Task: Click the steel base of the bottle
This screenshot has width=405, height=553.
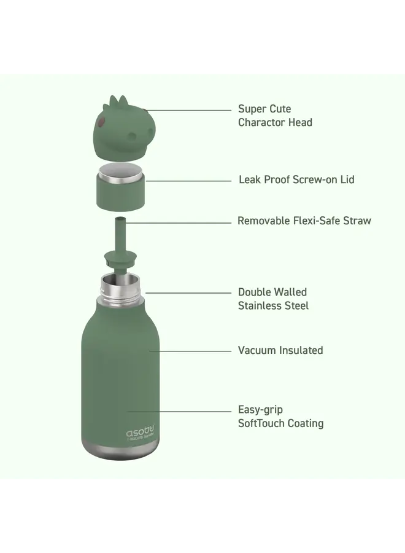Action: click(x=120, y=449)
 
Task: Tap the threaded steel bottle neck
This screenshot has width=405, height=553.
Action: click(x=120, y=287)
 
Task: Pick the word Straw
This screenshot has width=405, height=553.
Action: click(x=357, y=220)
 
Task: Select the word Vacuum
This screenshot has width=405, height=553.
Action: click(x=257, y=350)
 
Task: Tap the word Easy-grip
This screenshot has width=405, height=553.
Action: click(x=260, y=410)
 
